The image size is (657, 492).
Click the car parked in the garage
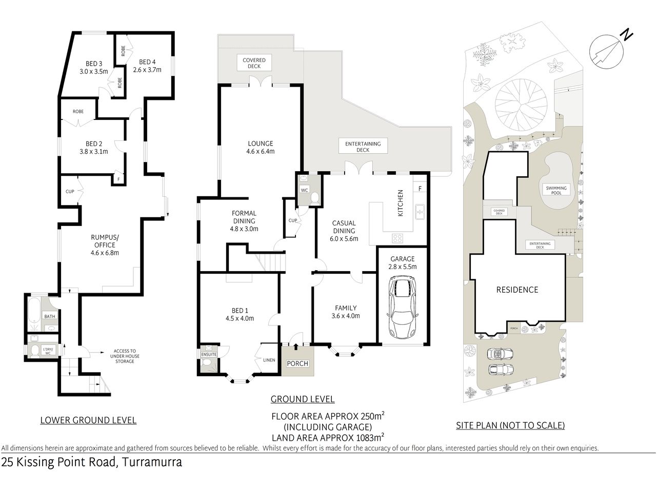tap(402, 306)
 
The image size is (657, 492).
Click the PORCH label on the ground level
tap(297, 363)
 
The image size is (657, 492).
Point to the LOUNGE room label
tap(261, 143)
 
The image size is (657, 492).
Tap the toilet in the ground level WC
tap(315, 198)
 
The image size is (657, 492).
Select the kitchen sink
tap(420, 211)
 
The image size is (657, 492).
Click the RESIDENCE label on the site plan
tap(517, 290)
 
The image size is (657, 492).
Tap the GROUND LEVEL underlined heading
tap(302, 399)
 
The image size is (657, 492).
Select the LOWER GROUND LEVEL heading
tap(88, 420)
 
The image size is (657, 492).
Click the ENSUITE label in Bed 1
tap(209, 354)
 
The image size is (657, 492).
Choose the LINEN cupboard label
tap(269, 360)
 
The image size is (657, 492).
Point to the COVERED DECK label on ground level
tap(254, 63)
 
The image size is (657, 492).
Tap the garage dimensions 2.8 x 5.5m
tap(403, 266)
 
